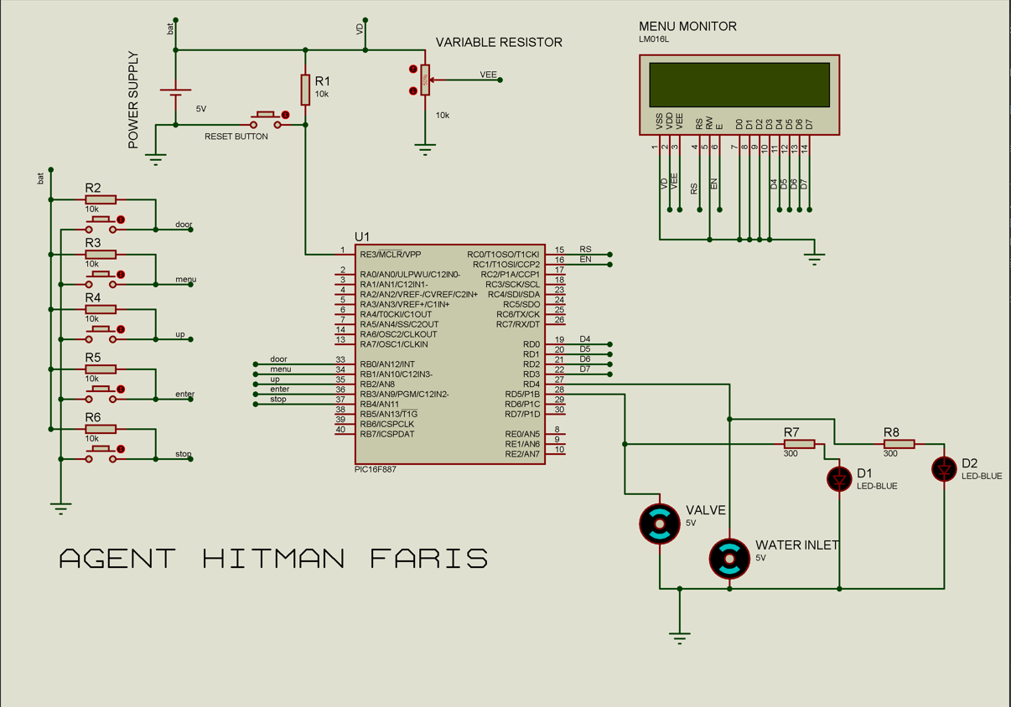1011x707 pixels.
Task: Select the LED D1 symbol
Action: click(839, 478)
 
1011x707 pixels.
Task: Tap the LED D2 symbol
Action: click(944, 469)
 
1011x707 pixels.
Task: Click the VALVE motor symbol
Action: click(660, 524)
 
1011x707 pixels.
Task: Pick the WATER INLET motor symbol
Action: click(729, 559)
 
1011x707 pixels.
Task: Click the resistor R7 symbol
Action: click(799, 444)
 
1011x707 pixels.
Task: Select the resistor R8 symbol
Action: click(899, 444)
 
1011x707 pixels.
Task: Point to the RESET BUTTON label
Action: click(236, 137)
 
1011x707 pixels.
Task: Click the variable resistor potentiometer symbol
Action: click(425, 80)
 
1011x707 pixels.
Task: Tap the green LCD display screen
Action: click(739, 85)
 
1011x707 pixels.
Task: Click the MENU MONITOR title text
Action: click(687, 26)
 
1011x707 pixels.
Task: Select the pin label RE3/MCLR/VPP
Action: click(391, 254)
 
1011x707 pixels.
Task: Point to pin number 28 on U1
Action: click(559, 390)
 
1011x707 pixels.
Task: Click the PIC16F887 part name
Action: click(376, 470)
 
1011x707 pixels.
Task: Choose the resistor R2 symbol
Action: click(100, 200)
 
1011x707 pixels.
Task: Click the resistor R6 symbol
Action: click(100, 430)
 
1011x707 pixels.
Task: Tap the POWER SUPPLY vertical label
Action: click(133, 101)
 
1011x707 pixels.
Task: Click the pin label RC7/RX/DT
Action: click(517, 324)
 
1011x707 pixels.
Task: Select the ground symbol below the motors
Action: click(680, 636)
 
